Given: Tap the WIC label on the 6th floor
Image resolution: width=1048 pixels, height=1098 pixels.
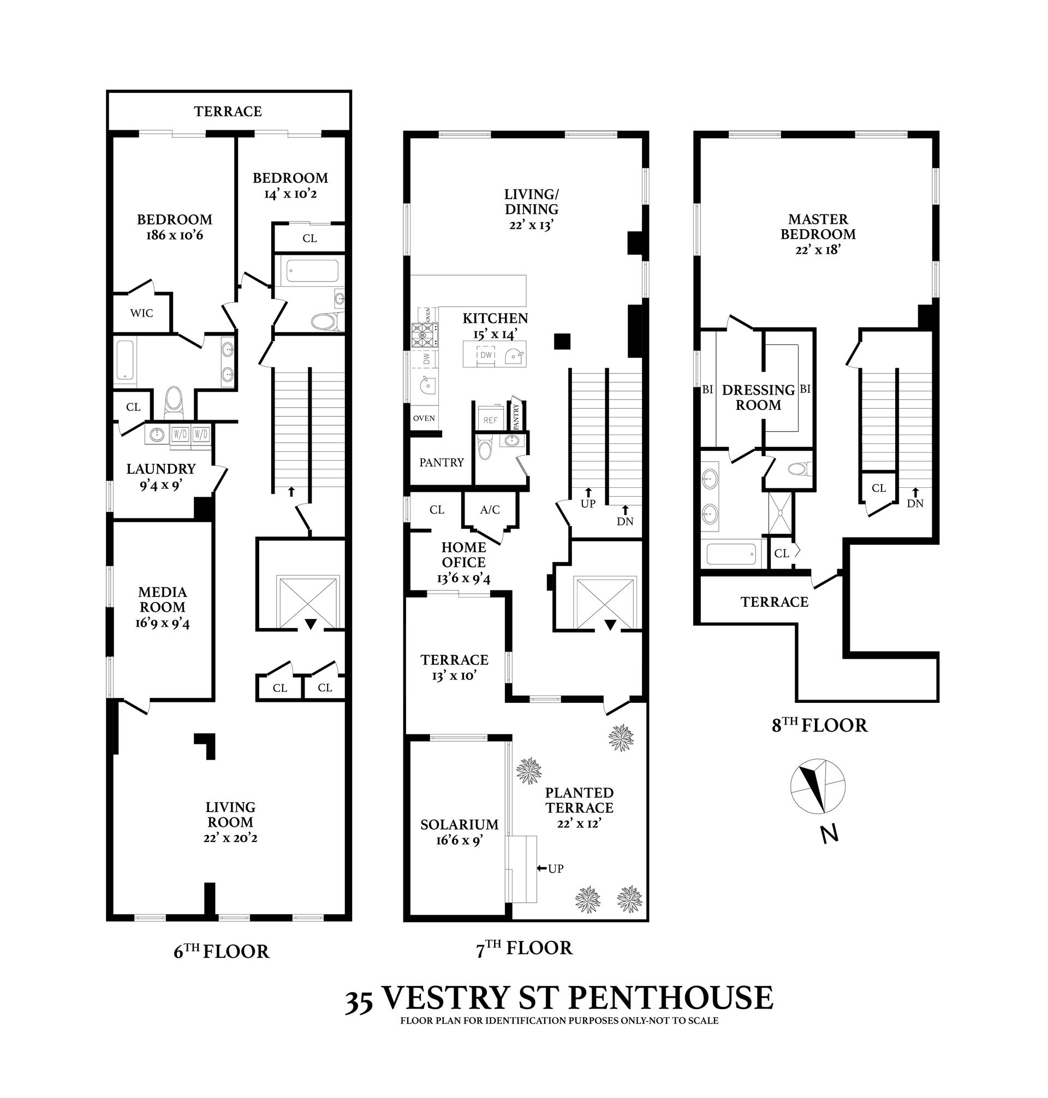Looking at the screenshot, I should click(141, 313).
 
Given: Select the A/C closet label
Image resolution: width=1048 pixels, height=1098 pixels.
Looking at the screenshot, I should click(490, 510).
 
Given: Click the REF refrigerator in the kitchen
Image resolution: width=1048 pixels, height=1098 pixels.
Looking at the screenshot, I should click(490, 420).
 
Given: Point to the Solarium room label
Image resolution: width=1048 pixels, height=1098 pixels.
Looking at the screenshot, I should click(459, 825).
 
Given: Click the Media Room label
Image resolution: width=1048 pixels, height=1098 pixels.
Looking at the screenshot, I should click(163, 599).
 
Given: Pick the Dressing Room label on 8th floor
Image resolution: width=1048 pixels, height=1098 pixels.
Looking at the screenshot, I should click(758, 398).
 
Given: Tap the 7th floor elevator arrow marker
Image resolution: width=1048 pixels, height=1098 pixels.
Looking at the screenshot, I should click(611, 625).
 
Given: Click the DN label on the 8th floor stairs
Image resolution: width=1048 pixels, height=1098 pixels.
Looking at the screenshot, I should click(915, 503).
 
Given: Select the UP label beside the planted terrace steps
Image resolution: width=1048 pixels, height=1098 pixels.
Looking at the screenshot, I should click(555, 868).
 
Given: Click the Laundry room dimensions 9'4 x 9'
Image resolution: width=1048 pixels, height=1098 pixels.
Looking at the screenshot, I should click(161, 485).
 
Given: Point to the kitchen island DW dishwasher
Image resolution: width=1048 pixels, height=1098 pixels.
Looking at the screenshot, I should click(486, 355).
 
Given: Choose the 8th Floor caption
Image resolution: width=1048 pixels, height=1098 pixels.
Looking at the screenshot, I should click(819, 725).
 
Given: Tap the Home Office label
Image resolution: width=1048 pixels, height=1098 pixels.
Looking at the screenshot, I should click(463, 554).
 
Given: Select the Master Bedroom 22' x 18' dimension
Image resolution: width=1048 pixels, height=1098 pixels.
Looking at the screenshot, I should click(818, 249).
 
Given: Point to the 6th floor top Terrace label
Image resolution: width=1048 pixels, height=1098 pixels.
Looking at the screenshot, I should click(228, 111).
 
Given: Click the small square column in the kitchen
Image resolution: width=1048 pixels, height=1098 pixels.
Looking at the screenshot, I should click(562, 341).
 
